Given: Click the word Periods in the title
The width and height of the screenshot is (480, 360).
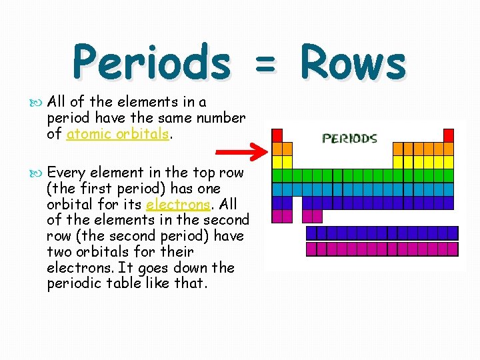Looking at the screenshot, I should [151, 63].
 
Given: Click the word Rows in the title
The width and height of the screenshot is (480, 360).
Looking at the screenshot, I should [353, 63].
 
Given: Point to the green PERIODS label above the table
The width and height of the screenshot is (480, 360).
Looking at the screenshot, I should [350, 139].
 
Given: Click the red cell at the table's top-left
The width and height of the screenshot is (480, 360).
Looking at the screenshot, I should [277, 135].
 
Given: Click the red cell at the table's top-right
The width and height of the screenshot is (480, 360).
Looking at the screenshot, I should [449, 135].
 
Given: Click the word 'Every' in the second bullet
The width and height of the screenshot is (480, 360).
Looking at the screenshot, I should [64, 173].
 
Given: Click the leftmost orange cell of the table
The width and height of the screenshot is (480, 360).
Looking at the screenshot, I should [277, 149].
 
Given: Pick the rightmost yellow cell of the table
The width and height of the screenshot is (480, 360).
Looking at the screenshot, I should [449, 162].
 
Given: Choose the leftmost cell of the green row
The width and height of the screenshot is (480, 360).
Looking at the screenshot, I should [277, 175].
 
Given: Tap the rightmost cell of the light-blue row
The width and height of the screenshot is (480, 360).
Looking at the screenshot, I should [449, 189].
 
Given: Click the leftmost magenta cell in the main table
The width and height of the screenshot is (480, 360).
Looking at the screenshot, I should [277, 216].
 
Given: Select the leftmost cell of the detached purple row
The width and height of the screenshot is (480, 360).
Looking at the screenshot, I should [311, 233].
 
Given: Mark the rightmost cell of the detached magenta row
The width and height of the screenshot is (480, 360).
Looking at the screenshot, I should [453, 249].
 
